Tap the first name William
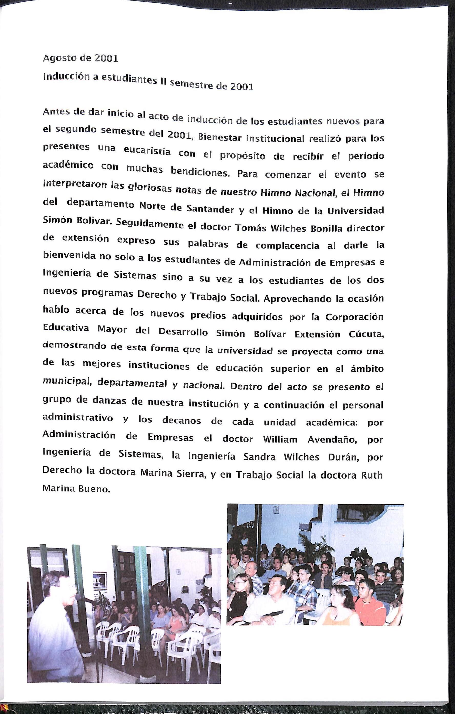(x=280, y=439)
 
